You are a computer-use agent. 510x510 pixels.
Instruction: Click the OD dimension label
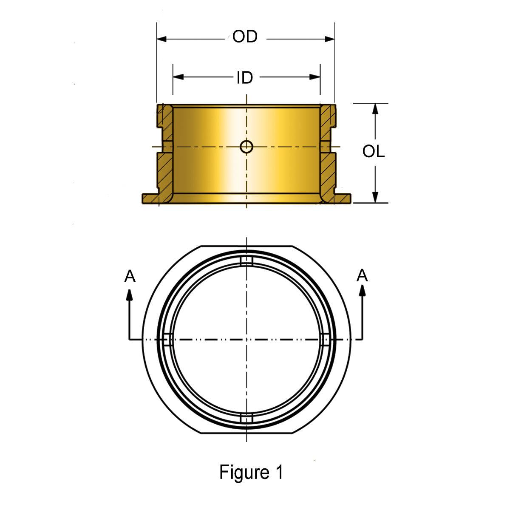(245, 37)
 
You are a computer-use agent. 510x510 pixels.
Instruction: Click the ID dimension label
(245, 78)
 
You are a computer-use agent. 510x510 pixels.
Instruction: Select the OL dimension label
(373, 152)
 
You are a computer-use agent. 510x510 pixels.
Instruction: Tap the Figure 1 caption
(251, 472)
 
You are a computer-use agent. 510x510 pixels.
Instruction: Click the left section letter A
(130, 277)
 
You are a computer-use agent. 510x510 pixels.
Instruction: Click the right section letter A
(362, 276)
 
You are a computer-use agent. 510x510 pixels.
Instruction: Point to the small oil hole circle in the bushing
(246, 147)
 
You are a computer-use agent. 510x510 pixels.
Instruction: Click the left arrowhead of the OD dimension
(162, 39)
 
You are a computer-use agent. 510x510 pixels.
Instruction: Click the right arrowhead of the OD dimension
(330, 39)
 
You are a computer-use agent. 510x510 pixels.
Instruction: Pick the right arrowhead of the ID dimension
(315, 77)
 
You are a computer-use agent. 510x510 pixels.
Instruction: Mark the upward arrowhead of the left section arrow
(130, 294)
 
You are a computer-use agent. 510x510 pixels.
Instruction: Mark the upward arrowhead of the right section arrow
(362, 290)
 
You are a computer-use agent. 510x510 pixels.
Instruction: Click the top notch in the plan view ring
(246, 261)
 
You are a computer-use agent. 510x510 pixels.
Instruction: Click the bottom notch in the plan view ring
(246, 419)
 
